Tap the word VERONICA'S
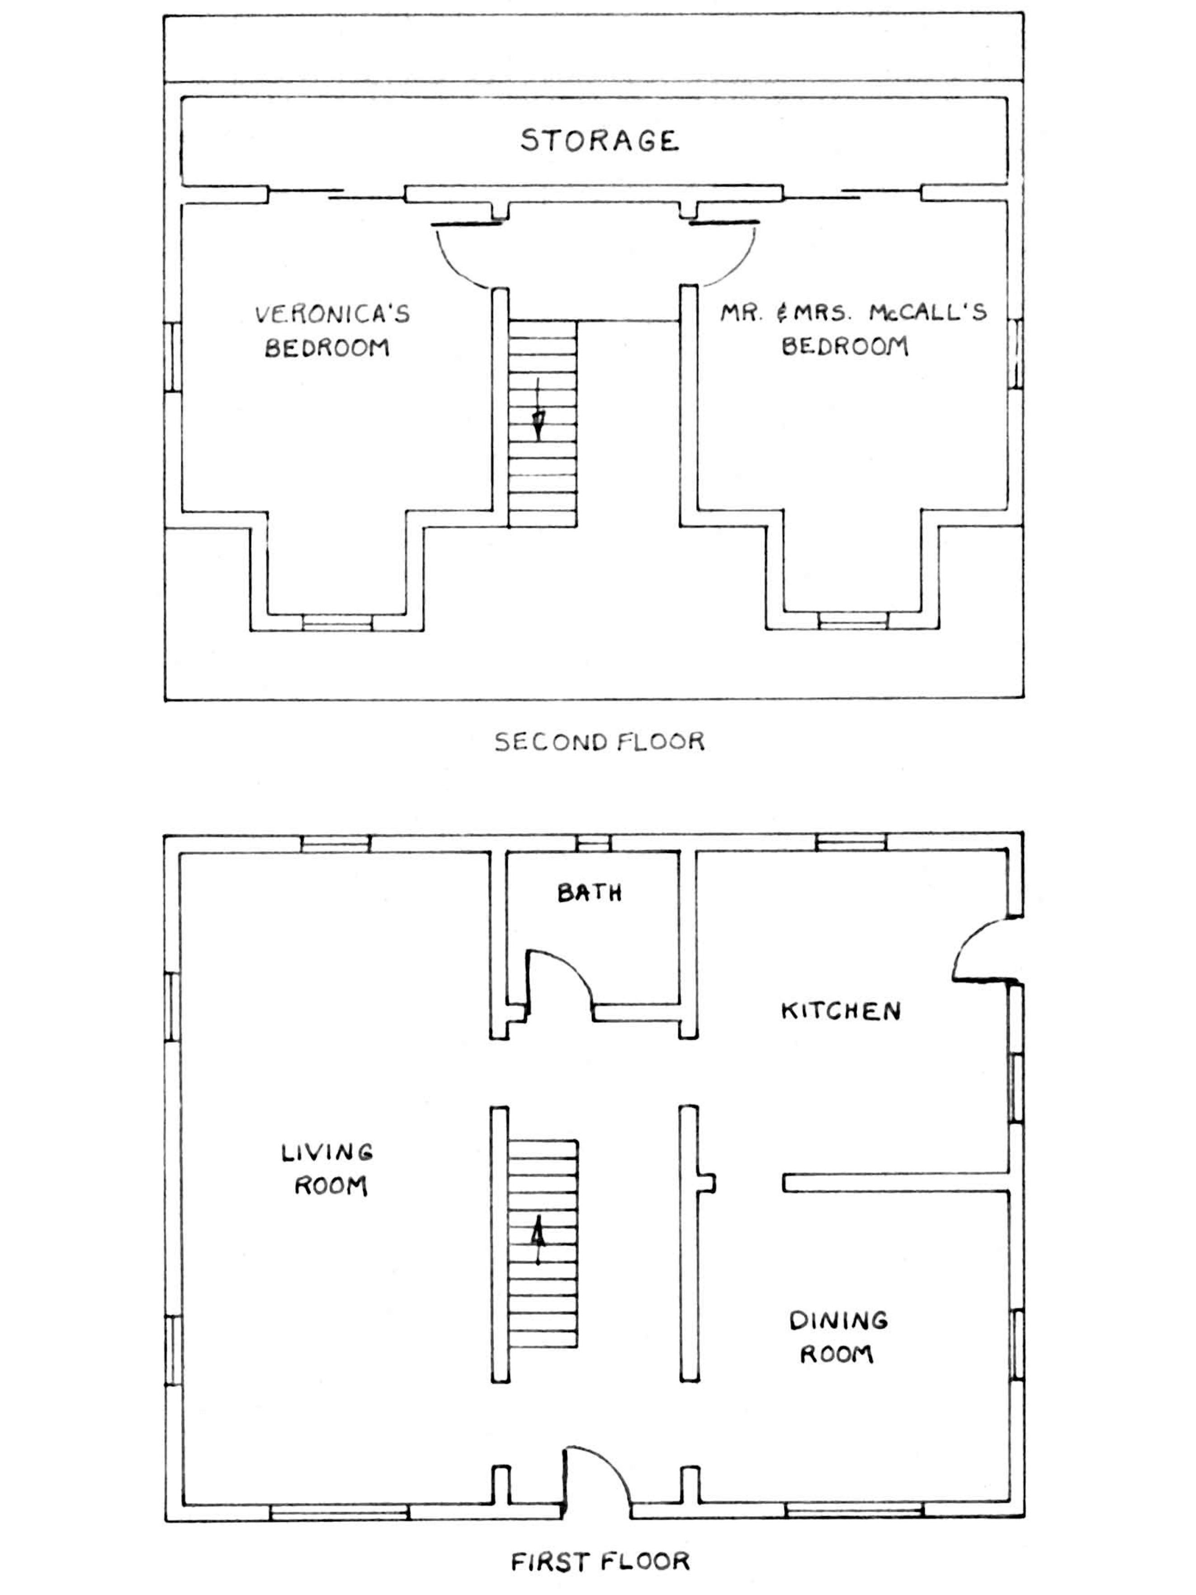[332, 314]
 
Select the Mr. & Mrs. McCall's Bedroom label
[852, 330]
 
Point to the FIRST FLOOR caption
[600, 1561]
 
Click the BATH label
[589, 894]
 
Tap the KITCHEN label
[841, 1010]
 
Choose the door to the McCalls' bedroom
[728, 252]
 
